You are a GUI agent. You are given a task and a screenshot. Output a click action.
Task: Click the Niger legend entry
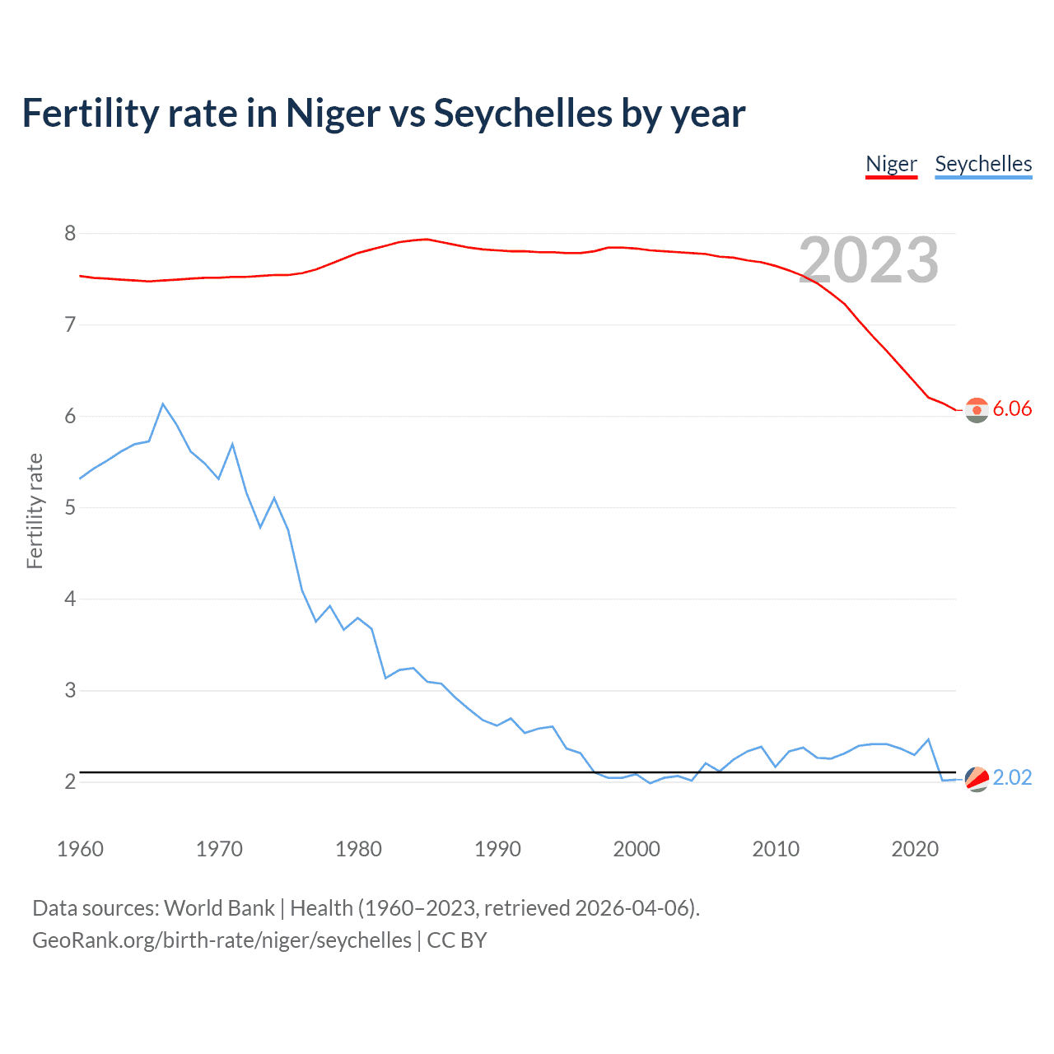891,164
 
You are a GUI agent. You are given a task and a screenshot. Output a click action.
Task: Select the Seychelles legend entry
983,164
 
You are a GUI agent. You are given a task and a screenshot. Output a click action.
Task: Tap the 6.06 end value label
1012,408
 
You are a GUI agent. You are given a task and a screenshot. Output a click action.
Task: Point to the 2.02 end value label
1012,777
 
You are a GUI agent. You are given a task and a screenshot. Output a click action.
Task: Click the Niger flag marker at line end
977,409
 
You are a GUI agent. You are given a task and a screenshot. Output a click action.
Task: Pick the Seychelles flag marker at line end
977,778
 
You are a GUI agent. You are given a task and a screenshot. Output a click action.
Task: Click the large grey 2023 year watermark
869,260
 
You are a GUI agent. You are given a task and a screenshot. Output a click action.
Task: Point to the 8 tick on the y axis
70,234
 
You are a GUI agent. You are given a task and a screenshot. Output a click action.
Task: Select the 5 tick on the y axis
70,507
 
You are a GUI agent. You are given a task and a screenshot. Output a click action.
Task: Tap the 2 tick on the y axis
70,781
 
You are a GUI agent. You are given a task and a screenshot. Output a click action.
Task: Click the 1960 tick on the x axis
80,849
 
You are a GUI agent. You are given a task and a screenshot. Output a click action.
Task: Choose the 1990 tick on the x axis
497,849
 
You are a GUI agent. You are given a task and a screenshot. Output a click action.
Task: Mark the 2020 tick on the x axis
915,849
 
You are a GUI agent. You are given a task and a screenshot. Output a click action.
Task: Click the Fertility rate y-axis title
35,511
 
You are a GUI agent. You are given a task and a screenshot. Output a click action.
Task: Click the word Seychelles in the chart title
523,113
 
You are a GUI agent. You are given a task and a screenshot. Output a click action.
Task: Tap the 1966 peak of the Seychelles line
163,403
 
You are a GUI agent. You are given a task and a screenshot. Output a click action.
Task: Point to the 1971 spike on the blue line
232,445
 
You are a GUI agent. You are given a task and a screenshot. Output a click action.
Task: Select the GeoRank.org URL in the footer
222,940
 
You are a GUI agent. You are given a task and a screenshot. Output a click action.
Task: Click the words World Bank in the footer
219,908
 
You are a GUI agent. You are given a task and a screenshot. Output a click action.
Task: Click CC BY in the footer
457,940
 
